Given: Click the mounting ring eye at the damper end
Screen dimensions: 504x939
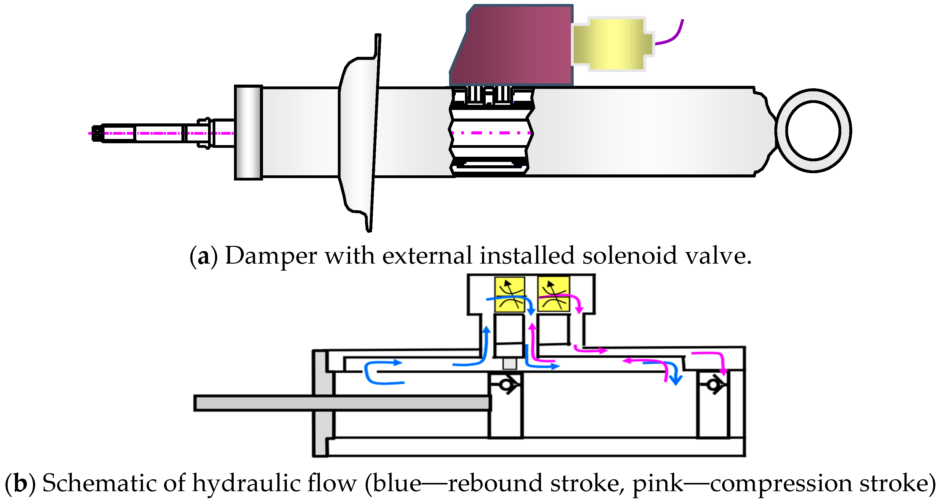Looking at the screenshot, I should [x=813, y=130].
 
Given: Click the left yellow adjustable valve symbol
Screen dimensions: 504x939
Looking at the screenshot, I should [x=510, y=294].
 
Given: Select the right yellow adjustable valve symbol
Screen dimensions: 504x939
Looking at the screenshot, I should [x=553, y=294].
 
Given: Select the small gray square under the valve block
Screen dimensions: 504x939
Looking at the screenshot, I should [x=509, y=364].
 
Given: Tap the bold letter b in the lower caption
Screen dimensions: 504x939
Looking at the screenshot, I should [x=20, y=483].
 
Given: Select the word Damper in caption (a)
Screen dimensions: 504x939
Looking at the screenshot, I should [x=271, y=256].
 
